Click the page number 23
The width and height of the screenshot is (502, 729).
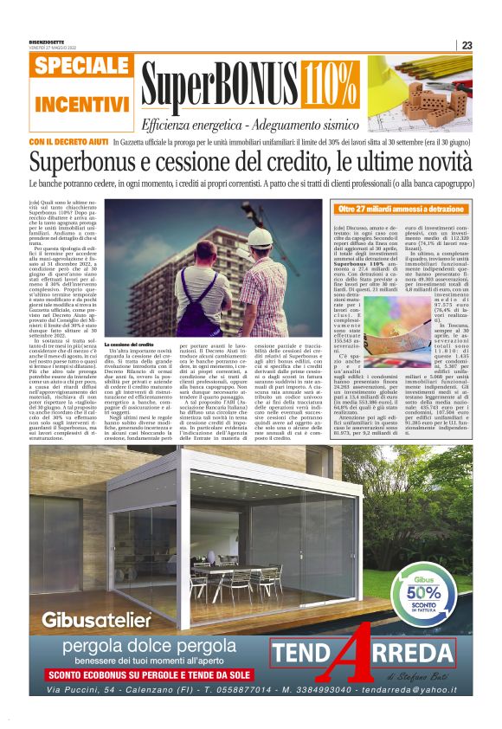tap(467, 46)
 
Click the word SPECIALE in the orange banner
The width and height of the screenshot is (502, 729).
tap(83, 67)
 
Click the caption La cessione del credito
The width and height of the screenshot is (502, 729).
tap(129, 344)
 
